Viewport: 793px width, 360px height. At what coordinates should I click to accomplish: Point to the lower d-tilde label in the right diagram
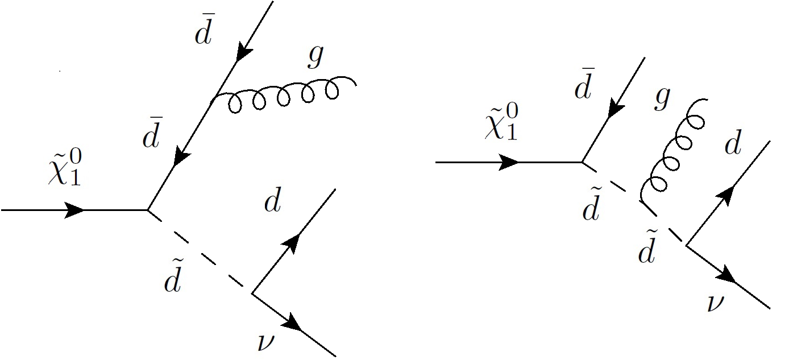[x=646, y=251]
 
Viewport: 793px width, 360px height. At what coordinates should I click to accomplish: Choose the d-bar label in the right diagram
[x=584, y=87]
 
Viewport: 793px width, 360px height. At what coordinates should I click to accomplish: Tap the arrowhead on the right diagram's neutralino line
[x=508, y=163]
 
